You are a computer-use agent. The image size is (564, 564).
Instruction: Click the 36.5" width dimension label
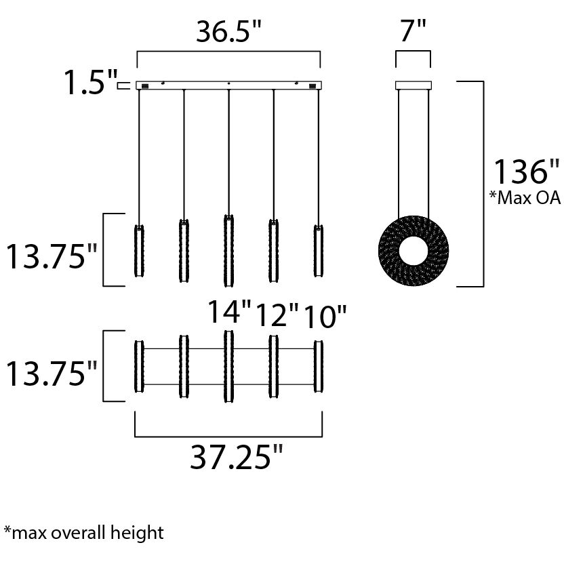[x=228, y=31]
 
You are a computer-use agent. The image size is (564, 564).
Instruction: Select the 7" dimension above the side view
[x=412, y=31]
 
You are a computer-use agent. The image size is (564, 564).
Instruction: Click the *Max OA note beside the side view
[x=525, y=198]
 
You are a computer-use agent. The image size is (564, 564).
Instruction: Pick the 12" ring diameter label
[x=276, y=316]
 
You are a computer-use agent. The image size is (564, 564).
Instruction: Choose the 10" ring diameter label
[x=323, y=316]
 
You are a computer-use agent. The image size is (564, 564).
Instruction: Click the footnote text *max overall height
[x=83, y=532]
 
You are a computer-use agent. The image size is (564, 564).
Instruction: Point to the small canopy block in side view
[x=412, y=85]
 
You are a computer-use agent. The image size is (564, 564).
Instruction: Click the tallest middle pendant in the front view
[x=228, y=250]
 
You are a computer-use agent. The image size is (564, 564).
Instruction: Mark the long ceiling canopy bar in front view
[x=228, y=85]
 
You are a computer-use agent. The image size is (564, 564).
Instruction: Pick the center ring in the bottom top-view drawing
[x=228, y=367]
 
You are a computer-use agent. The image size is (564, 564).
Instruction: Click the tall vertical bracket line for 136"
[x=482, y=183]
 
